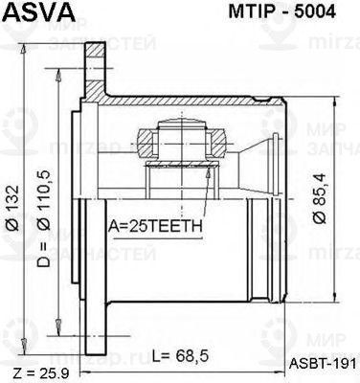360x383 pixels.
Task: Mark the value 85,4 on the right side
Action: point(322,191)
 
